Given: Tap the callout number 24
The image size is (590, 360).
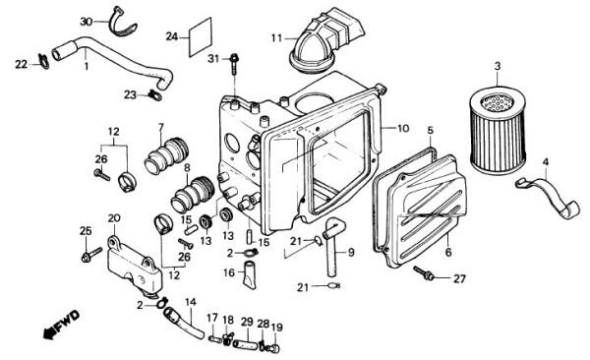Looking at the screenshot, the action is click(x=172, y=37).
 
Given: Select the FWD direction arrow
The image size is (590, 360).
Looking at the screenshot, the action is click(x=61, y=325).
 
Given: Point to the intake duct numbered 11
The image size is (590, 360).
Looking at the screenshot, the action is click(x=325, y=38).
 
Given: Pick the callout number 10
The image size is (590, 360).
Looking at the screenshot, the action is click(x=403, y=129).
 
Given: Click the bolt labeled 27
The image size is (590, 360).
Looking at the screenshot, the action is click(x=424, y=273).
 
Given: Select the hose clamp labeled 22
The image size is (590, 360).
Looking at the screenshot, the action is click(x=43, y=61).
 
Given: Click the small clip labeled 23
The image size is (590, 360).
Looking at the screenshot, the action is click(x=155, y=95).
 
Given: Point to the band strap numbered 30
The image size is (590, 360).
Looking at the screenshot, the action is click(x=122, y=24).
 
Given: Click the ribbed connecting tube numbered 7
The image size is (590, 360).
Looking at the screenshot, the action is click(x=166, y=156).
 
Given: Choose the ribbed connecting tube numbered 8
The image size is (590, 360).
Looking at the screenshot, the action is click(x=193, y=195).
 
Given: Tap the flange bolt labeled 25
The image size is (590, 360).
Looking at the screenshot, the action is click(x=91, y=254).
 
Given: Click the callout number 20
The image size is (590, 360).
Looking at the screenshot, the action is click(x=114, y=218).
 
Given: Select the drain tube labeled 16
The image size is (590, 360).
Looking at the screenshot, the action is click(x=250, y=274).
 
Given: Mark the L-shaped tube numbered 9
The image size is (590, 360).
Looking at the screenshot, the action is click(x=332, y=245).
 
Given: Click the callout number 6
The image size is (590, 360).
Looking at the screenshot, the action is click(x=448, y=252).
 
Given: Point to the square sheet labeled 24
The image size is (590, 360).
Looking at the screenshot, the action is click(x=201, y=36).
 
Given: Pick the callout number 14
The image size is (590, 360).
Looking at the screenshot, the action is click(x=191, y=302).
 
